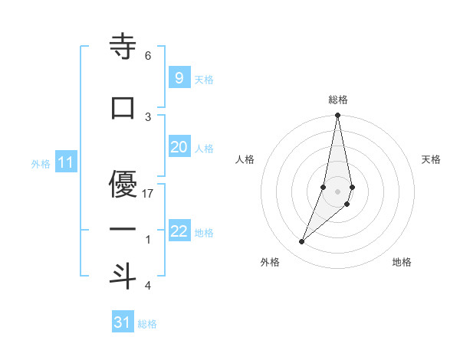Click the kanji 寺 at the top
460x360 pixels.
tap(123, 47)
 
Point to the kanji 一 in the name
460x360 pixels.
tap(123, 228)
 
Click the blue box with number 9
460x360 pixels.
tap(179, 78)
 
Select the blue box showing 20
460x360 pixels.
tap(179, 147)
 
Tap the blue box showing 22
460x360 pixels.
tap(179, 231)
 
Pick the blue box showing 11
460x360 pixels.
tap(66, 162)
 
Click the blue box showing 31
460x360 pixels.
tap(123, 322)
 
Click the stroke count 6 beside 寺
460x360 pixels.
tap(148, 55)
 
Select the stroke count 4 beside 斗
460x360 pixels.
tap(148, 286)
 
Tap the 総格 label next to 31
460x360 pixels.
tap(147, 324)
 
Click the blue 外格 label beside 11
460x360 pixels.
tap(41, 164)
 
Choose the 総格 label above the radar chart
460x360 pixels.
tap(338, 100)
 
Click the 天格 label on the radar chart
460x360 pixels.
tap(431, 159)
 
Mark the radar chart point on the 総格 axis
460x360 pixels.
tap(337, 116)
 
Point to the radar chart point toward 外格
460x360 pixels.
tap(302, 242)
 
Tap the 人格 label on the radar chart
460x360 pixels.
tap(245, 159)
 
